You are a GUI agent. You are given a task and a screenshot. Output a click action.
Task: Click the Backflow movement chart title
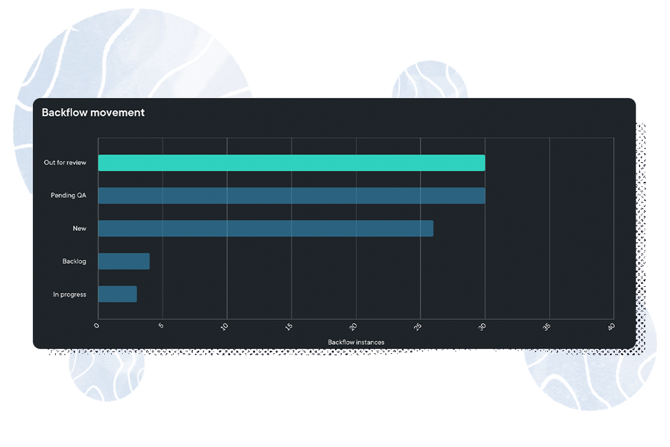[93, 112]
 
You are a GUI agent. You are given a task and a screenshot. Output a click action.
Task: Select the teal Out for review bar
[292, 163]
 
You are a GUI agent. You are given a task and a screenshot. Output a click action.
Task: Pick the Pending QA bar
[292, 195]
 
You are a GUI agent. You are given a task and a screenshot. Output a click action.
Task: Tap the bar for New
[266, 228]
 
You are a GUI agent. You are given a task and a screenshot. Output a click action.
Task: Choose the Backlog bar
[124, 261]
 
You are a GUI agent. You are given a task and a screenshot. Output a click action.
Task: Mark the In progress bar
[117, 295]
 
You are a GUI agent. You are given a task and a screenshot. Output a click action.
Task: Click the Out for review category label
[65, 163]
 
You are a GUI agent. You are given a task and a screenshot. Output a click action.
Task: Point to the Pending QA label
[68, 195]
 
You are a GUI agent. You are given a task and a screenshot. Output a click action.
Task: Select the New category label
[79, 228]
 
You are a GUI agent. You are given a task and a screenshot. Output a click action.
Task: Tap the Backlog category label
[74, 261]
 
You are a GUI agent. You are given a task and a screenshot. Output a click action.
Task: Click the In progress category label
[70, 295]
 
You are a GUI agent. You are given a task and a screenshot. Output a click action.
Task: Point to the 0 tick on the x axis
[97, 326]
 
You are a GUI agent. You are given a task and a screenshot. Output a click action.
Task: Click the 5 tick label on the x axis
[161, 326]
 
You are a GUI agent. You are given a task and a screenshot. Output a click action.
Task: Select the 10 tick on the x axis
[224, 327]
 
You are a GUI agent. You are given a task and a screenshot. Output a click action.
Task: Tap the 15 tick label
[289, 327]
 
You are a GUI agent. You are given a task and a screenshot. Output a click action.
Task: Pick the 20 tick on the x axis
[353, 327]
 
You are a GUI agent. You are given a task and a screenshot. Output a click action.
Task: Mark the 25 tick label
[418, 327]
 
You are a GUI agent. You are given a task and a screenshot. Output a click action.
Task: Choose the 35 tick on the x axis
[547, 327]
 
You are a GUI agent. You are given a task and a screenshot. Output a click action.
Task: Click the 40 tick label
[611, 327]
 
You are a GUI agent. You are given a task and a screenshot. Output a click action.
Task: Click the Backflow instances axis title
[356, 342]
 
